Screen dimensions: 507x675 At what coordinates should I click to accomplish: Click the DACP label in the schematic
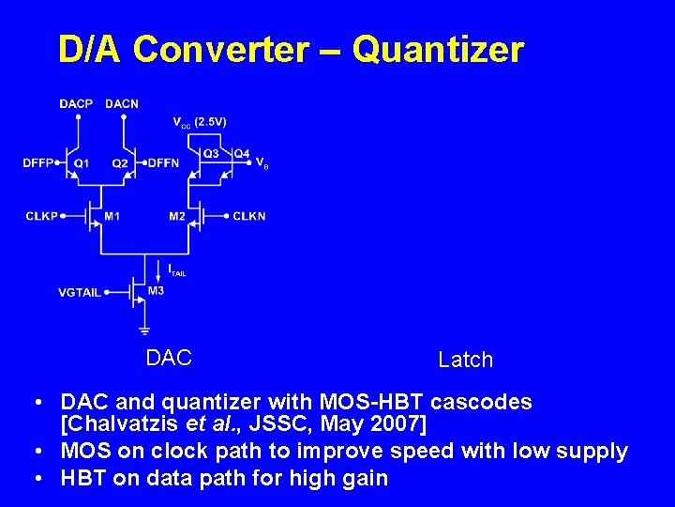76,104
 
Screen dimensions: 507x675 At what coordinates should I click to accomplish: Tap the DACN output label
122,104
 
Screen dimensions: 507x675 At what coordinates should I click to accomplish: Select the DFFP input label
38,163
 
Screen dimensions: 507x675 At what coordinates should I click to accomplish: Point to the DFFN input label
163,163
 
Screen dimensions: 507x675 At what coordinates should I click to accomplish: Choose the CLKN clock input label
249,217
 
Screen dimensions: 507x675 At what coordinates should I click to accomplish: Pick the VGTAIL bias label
80,293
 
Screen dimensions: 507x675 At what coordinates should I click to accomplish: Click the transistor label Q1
82,163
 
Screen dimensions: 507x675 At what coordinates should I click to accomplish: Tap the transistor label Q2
120,163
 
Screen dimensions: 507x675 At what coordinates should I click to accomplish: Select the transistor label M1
112,217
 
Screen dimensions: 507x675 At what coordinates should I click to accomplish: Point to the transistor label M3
156,291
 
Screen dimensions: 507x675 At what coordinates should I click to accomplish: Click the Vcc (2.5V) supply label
200,122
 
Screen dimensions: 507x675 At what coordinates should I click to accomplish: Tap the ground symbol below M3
144,330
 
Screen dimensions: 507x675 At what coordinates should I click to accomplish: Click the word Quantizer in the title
439,50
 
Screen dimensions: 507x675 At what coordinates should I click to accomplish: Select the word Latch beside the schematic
465,360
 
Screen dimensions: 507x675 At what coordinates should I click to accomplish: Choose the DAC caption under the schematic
169,358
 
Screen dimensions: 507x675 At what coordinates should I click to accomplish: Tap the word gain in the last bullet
365,478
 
